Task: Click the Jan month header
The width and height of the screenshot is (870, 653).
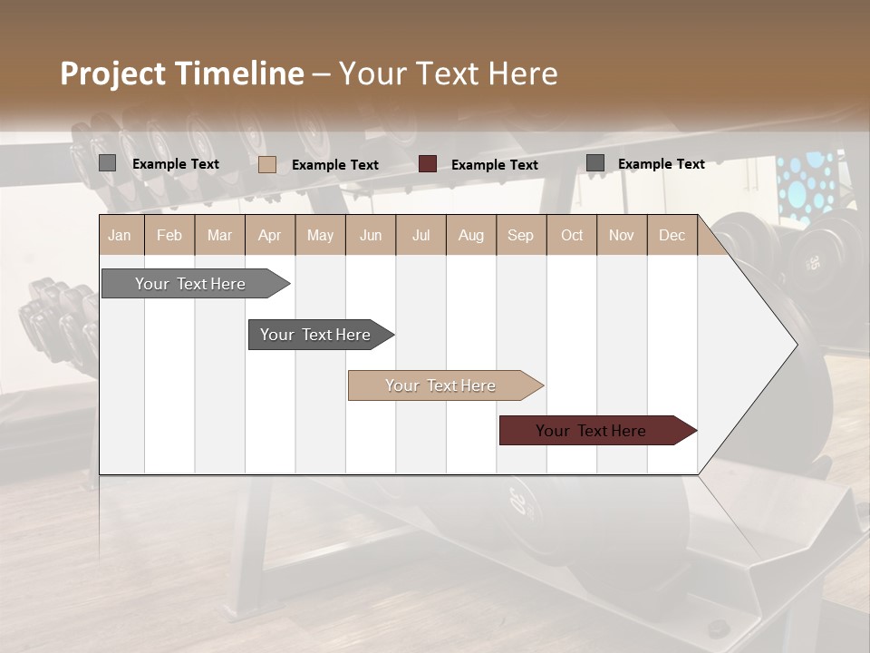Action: point(121,236)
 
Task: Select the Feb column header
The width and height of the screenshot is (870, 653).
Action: point(169,236)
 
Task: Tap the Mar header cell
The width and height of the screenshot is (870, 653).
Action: point(219,236)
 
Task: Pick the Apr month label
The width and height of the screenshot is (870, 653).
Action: point(269,236)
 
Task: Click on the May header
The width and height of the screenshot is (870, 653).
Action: point(320,236)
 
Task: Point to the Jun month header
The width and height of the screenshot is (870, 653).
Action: point(371,236)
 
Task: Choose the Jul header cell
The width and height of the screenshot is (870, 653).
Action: point(420,236)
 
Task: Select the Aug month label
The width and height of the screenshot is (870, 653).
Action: point(470,236)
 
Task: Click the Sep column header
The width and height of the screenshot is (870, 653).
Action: point(520,236)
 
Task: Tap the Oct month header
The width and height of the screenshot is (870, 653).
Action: point(572,236)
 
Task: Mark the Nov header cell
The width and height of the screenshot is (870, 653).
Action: point(622,236)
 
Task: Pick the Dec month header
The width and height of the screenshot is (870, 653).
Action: point(672,236)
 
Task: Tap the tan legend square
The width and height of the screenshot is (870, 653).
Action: point(267,164)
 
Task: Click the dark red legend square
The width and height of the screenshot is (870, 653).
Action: point(428,164)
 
